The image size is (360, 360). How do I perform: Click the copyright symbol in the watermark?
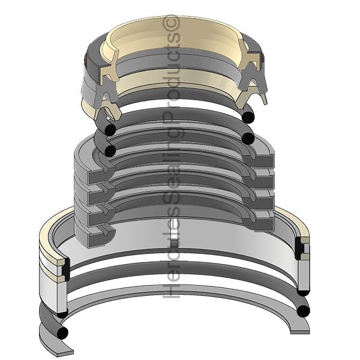coord(171,23)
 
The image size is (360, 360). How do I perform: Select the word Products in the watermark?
coord(171,77)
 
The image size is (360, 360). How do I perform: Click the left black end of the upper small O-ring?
coord(110,130)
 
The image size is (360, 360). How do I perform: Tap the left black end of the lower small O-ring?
coord(110,151)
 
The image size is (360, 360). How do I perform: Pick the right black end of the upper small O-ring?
coord(248,116)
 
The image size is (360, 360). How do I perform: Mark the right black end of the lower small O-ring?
coord(248,138)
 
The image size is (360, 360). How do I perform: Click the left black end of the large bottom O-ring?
coord(62,332)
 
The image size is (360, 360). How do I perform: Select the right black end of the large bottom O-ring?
coord(303,311)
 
